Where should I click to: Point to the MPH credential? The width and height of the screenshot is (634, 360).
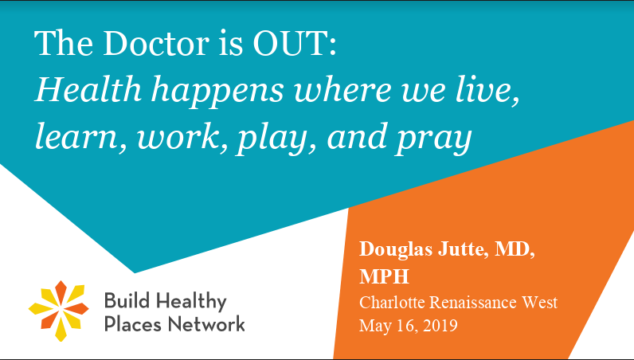pos(384,276)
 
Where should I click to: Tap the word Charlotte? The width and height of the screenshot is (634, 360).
pos(392,302)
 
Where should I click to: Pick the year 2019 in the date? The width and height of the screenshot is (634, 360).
pos(440,325)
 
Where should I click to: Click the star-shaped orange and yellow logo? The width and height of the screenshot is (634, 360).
pos(59,311)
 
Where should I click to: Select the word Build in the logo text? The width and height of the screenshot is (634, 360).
pos(127,301)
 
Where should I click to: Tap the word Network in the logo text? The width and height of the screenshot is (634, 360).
pos(206,324)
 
